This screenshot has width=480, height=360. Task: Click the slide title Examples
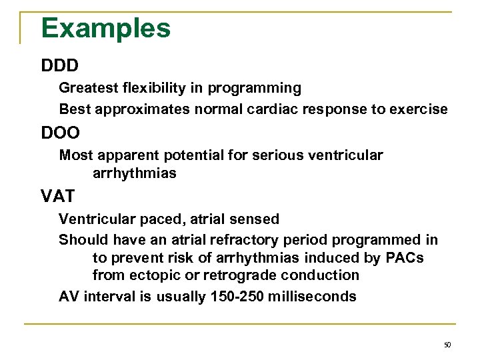105,28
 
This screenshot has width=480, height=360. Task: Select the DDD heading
59,66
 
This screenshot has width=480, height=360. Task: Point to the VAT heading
59,197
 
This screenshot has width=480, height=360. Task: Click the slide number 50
447,345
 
